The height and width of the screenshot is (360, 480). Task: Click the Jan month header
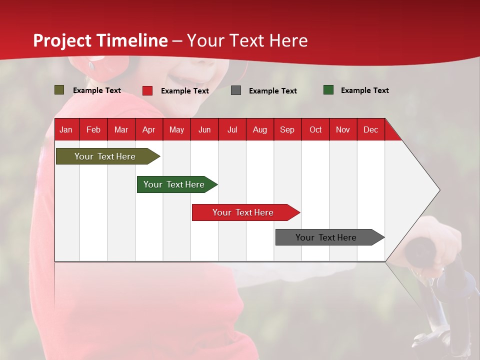(66, 129)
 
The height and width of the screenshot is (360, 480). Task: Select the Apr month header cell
(149, 129)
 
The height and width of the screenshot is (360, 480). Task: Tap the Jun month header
(204, 129)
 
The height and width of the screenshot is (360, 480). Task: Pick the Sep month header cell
(287, 129)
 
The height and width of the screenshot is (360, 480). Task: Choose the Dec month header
(370, 129)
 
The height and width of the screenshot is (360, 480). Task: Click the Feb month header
(93, 129)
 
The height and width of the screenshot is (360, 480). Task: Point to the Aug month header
(259, 129)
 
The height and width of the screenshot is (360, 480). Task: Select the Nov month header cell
(343, 129)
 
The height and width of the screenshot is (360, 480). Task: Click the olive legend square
(59, 90)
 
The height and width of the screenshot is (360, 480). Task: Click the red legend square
(147, 90)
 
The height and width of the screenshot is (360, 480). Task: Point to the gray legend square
(236, 90)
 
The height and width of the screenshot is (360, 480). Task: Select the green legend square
(328, 90)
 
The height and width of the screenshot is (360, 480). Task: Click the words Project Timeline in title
(100, 40)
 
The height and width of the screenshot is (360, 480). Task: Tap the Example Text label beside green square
(364, 90)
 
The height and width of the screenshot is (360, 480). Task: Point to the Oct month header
(315, 129)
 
